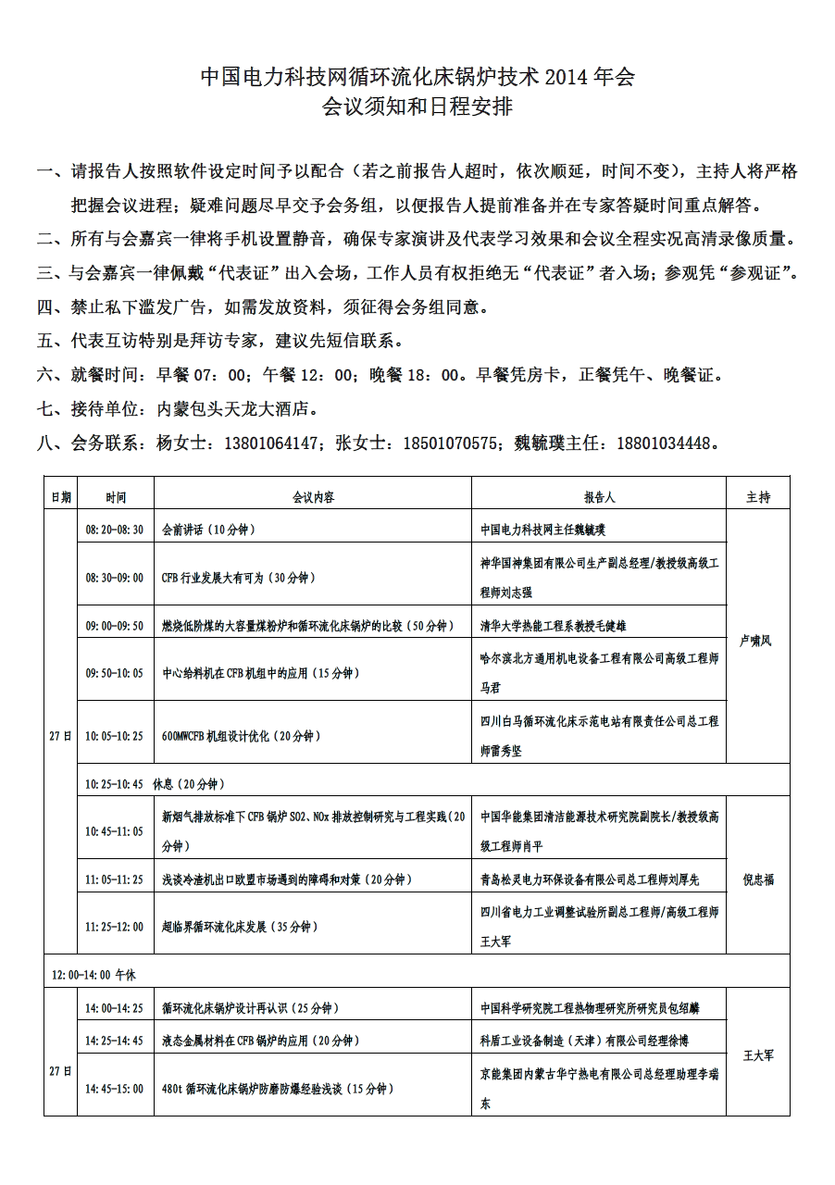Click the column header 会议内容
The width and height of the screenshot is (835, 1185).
click(x=313, y=497)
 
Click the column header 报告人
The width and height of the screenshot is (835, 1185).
click(x=599, y=497)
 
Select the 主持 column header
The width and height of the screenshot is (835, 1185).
click(x=758, y=497)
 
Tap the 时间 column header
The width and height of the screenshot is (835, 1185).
click(x=116, y=497)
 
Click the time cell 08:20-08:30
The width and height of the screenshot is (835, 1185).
click(x=115, y=530)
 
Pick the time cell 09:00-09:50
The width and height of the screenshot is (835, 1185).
click(x=115, y=626)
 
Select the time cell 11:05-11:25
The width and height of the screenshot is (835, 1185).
click(x=115, y=879)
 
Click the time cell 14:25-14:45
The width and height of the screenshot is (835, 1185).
click(x=115, y=1041)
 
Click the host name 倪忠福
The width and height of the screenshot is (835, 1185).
click(x=758, y=879)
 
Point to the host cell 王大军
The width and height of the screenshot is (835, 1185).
click(x=758, y=1054)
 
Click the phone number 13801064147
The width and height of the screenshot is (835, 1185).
click(x=274, y=443)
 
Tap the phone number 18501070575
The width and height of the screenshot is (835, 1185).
click(x=451, y=443)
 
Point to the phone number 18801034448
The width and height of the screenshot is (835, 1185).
click(x=665, y=443)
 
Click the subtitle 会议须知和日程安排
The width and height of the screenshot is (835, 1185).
click(x=417, y=107)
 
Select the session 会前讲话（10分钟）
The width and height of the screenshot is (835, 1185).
click(x=208, y=530)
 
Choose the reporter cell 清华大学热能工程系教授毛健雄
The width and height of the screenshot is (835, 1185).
click(x=553, y=626)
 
